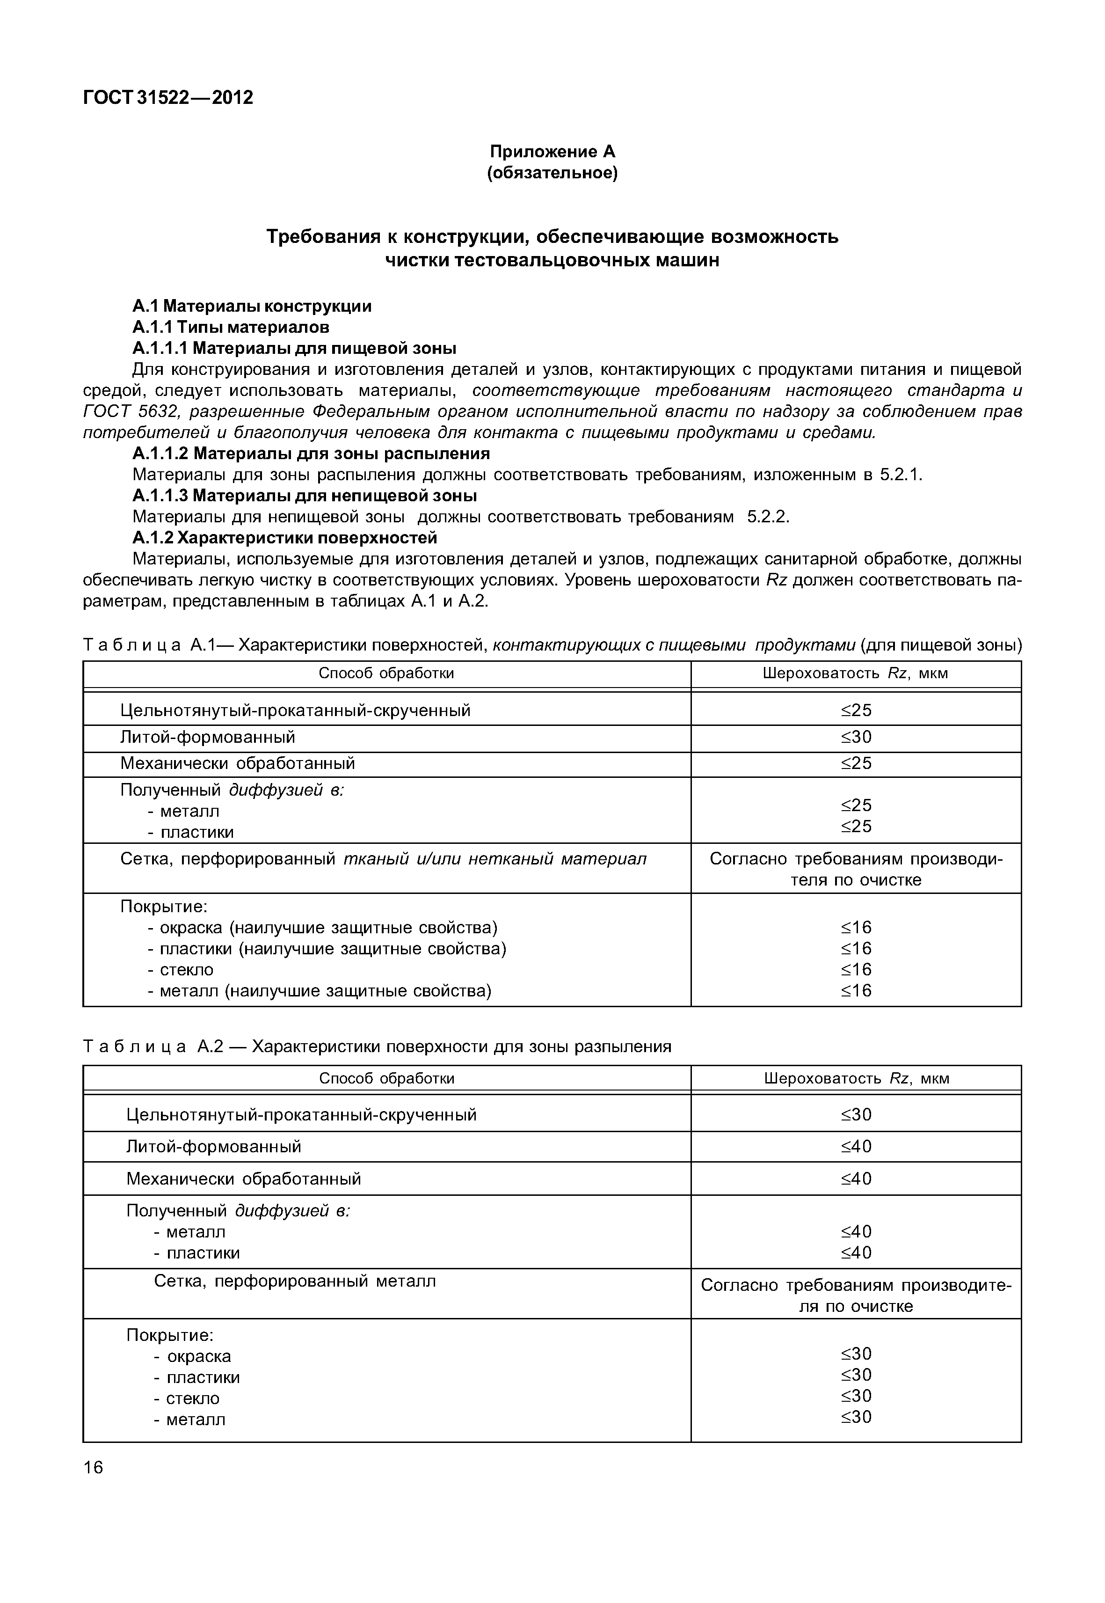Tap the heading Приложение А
pyautogui.click(x=552, y=151)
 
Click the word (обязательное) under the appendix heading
pyautogui.click(x=552, y=173)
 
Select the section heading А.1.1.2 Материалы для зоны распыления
pyautogui.click(x=311, y=454)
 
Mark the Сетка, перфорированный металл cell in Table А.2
pyautogui.click(x=294, y=1281)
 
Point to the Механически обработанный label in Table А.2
pyautogui.click(x=244, y=1178)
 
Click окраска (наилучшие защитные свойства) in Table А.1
pyautogui.click(x=328, y=928)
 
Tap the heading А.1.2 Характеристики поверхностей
pyautogui.click(x=284, y=538)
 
